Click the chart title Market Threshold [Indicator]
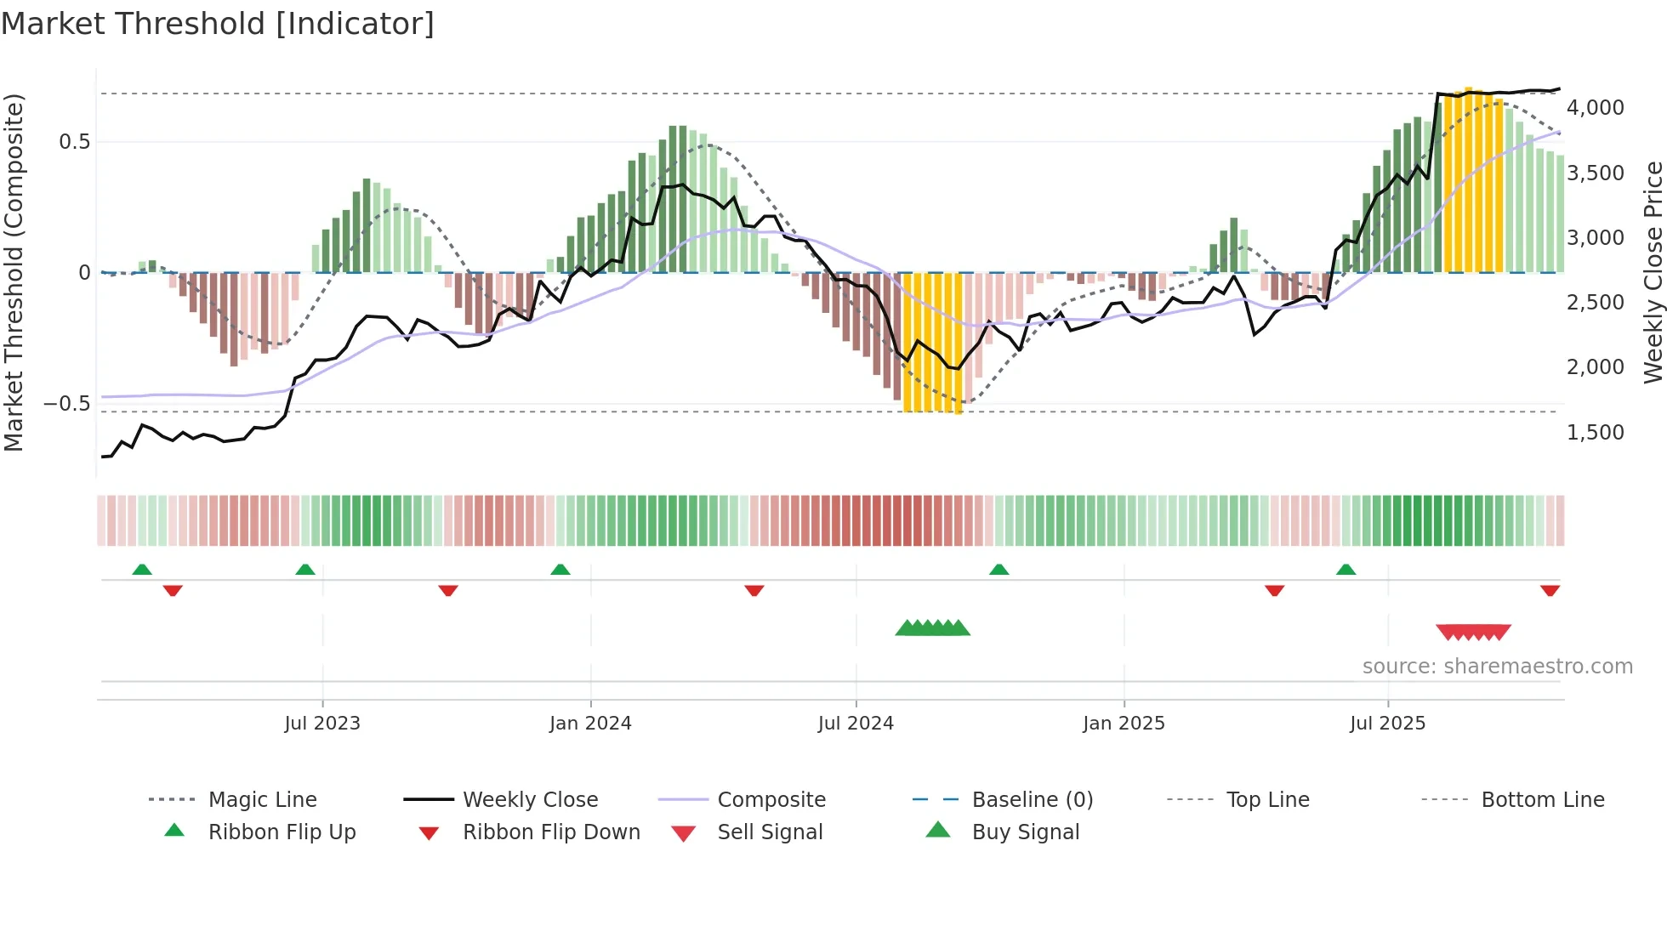[x=218, y=24]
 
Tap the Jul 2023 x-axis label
[x=322, y=724]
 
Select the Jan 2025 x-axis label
[x=1124, y=724]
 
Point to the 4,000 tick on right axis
[x=1595, y=108]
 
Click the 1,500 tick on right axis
[x=1595, y=433]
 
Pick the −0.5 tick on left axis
[x=66, y=404]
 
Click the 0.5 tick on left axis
[x=74, y=142]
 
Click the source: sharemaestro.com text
[x=1497, y=667]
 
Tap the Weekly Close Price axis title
[x=1653, y=272]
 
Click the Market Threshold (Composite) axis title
[x=14, y=272]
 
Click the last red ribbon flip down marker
[x=1550, y=590]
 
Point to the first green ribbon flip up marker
[x=142, y=570]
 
